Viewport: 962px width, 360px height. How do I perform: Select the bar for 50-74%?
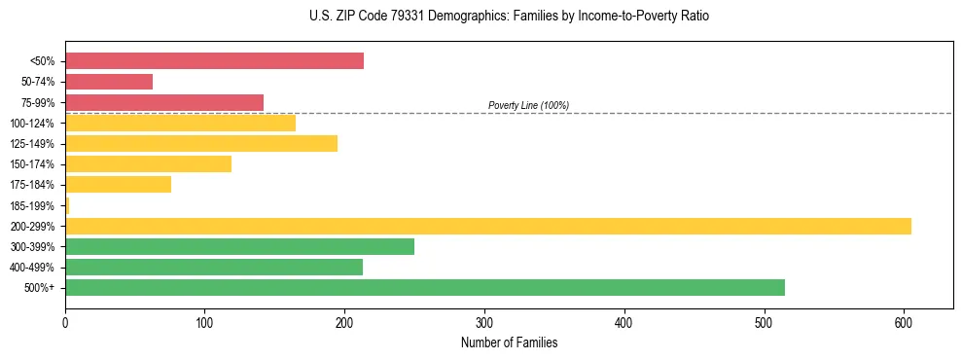click(x=109, y=82)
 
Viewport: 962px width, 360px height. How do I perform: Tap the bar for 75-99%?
click(x=164, y=102)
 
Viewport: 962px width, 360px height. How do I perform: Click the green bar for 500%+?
click(x=425, y=287)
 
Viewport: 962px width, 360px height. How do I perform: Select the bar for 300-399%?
click(x=239, y=246)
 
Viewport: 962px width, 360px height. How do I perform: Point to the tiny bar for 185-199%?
click(x=67, y=205)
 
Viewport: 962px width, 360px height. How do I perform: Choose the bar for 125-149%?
click(x=201, y=143)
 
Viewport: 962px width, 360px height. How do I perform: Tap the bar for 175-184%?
click(x=118, y=184)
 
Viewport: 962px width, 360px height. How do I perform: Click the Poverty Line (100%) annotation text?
click(x=528, y=105)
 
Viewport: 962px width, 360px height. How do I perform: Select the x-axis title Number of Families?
click(x=509, y=342)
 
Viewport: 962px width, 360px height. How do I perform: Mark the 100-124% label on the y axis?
click(x=32, y=123)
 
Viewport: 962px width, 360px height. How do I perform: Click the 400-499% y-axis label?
click(x=32, y=267)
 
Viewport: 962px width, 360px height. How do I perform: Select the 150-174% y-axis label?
click(x=32, y=164)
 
